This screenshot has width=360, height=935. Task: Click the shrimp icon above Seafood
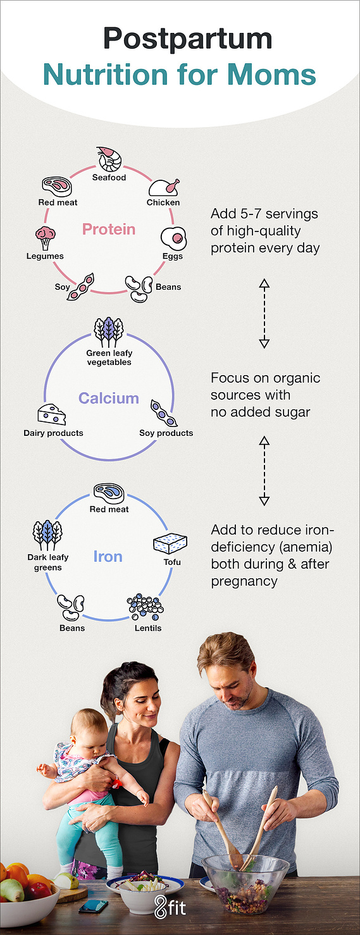pos(109,159)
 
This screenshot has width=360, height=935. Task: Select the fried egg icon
pos(174,238)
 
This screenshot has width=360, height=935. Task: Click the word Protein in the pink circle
pos(109,229)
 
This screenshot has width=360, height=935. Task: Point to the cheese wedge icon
pos(52,414)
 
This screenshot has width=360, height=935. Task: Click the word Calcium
pos(109,398)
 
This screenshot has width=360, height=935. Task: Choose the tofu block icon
pos(170,543)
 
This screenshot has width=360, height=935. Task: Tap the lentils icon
pos(146,607)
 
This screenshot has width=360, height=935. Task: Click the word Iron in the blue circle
pos(108,557)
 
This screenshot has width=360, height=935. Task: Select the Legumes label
pos(45,256)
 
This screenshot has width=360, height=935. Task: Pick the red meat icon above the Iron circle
pos(109,493)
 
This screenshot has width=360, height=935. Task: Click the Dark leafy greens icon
pos(47,535)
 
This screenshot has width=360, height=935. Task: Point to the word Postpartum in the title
pos(187,39)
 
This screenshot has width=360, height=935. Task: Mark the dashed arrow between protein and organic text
pos(264,313)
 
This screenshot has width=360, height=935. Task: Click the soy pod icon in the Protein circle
pos(80,287)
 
